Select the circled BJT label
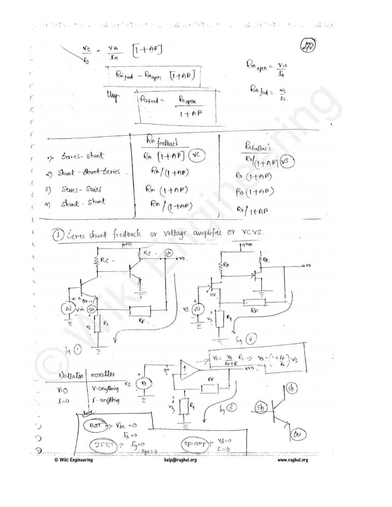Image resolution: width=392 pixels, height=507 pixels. pos(96,424)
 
